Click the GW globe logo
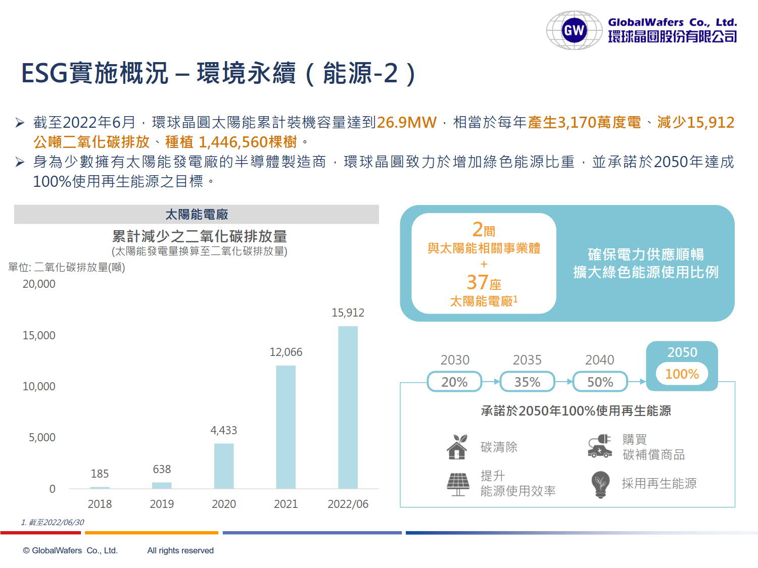(574, 30)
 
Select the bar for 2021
(286, 427)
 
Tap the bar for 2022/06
(348, 407)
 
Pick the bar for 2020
(224, 466)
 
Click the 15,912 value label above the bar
(348, 313)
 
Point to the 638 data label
(162, 470)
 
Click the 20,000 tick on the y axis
(39, 284)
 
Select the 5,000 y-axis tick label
(42, 438)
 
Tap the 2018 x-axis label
(100, 504)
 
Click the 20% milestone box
(454, 382)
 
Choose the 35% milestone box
(527, 382)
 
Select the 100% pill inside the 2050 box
(682, 374)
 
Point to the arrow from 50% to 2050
(637, 382)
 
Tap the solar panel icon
(458, 484)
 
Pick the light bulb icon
(600, 484)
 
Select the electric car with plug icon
(600, 446)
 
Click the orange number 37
(477, 282)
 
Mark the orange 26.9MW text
(406, 123)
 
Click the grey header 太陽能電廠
(197, 215)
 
